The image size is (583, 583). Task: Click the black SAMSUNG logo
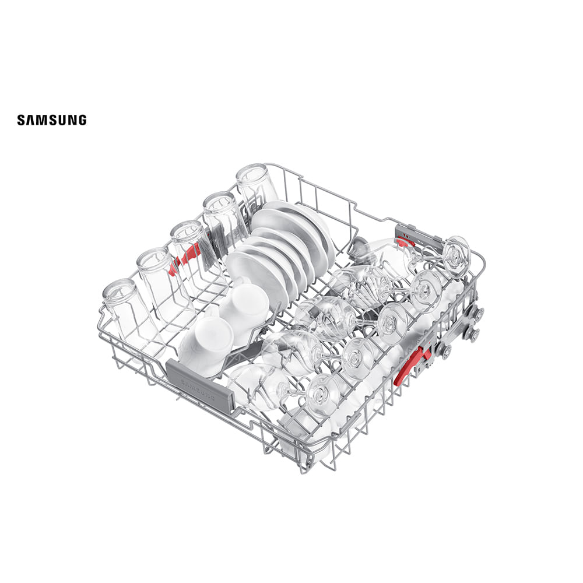coord(52,120)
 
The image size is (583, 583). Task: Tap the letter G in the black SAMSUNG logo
coord(82,120)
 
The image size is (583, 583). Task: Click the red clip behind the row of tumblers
coord(185,255)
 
